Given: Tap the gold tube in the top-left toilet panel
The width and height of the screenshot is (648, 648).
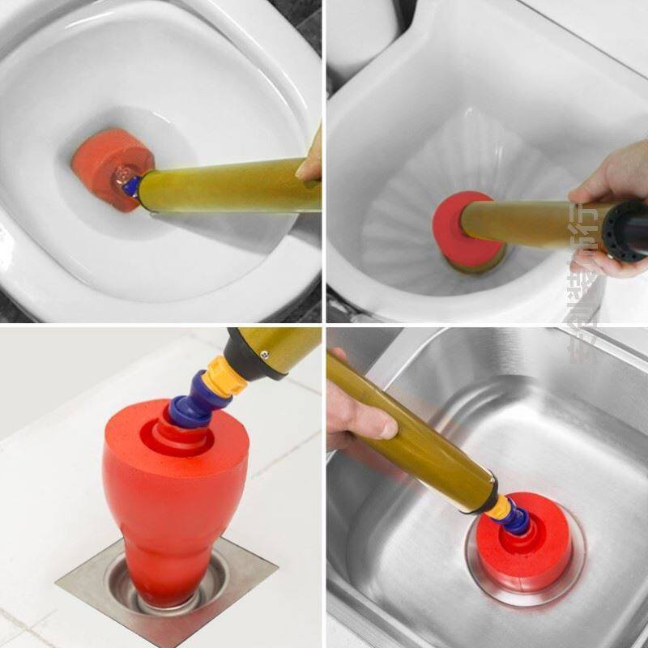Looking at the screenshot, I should click(227, 186).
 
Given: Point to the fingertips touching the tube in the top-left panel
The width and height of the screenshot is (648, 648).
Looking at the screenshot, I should click(310, 166).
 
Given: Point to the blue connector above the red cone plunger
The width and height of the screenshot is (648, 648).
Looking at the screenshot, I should click(191, 405).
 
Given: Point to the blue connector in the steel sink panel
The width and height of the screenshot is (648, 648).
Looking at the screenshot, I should click(517, 521).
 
